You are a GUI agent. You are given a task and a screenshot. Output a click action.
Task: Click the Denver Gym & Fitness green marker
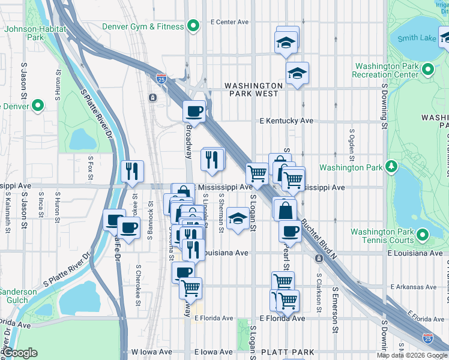(193, 26)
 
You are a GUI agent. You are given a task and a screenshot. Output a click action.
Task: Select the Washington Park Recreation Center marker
(427, 70)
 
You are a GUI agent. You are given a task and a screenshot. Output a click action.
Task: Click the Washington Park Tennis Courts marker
(422, 235)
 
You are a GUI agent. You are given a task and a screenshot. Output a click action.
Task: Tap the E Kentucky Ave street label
(286, 121)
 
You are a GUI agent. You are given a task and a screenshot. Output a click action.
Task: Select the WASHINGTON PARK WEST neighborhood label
(253, 89)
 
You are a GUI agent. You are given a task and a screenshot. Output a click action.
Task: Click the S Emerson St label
(335, 310)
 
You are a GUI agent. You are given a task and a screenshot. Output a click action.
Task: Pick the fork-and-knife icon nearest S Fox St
(131, 171)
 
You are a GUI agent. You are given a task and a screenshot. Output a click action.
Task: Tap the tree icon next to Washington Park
(391, 166)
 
